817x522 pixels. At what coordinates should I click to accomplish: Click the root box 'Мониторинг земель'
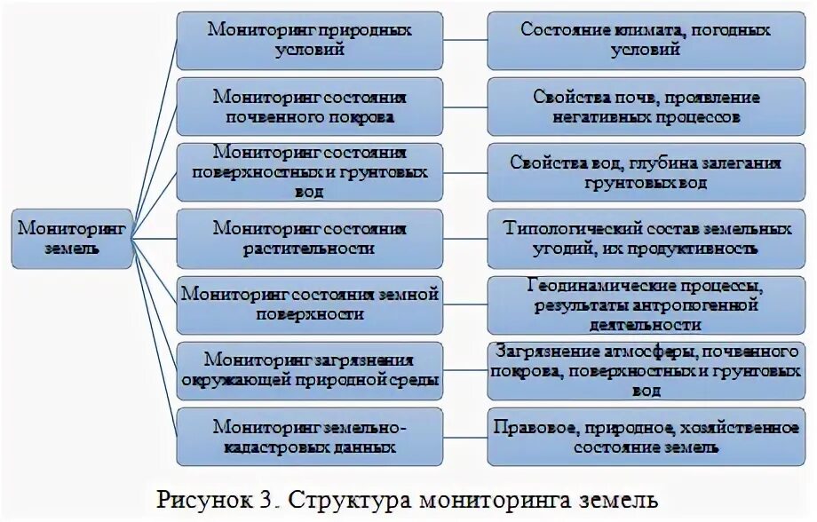[x=72, y=238]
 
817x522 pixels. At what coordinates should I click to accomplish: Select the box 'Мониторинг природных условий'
[x=309, y=40]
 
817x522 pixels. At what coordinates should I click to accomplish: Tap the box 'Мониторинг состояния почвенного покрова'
[x=309, y=107]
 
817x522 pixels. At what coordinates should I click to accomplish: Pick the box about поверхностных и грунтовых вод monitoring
[x=309, y=172]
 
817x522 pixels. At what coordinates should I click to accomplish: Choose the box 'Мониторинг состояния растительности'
[x=309, y=238]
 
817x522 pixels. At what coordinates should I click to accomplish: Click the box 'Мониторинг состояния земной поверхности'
[x=309, y=304]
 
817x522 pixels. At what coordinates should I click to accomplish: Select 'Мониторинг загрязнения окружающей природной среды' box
[x=309, y=370]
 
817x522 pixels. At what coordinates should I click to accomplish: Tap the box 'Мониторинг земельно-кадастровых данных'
[x=309, y=436]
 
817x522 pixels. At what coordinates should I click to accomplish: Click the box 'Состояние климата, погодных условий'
[x=646, y=40]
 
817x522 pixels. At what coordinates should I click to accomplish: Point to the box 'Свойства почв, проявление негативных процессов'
[x=646, y=107]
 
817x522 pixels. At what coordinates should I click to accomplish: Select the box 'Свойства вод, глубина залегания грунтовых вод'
[x=646, y=172]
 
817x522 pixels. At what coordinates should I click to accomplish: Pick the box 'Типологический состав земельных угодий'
[x=646, y=238]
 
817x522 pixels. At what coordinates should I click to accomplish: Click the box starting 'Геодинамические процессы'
[x=646, y=304]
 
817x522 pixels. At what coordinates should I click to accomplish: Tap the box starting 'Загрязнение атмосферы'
[x=646, y=370]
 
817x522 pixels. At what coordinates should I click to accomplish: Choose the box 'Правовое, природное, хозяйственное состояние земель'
[x=646, y=436]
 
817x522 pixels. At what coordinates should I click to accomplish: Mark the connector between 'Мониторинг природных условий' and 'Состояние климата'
[x=464, y=40]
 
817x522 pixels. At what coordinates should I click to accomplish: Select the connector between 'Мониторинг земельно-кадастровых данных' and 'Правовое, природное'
[x=464, y=436]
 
